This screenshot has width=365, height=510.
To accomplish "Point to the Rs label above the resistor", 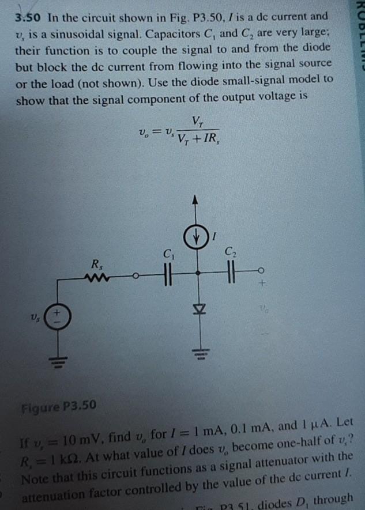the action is pos(96,265).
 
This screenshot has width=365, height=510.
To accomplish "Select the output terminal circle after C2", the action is pos(261,269).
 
